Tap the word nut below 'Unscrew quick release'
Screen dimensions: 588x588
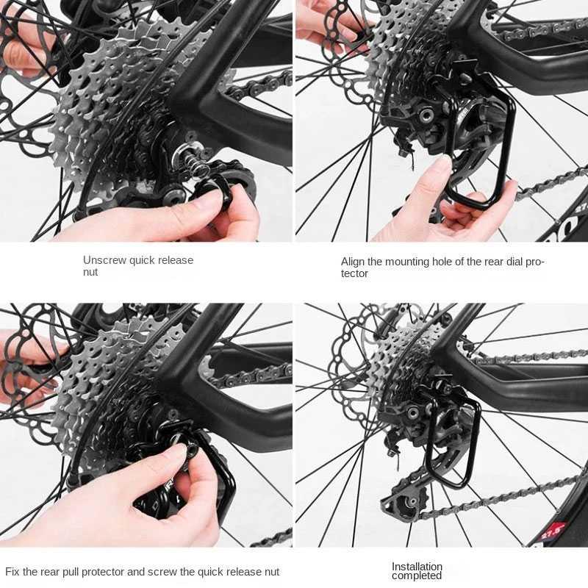pos(90,272)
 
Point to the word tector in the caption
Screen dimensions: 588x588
pos(354,273)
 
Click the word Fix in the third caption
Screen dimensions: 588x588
pos(12,572)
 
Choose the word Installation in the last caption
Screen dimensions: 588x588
pos(417,567)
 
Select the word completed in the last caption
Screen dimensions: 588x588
pos(417,576)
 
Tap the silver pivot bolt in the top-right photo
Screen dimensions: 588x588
pos(426,115)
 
